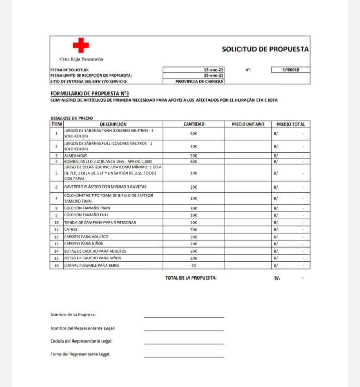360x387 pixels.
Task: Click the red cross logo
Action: click(x=81, y=45)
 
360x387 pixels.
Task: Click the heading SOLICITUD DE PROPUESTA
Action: click(x=265, y=49)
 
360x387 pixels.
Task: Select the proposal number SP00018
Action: click(x=290, y=70)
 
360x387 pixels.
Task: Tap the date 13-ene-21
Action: click(x=214, y=70)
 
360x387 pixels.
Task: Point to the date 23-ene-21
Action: click(x=214, y=75)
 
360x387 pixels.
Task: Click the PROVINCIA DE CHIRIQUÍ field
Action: click(x=200, y=81)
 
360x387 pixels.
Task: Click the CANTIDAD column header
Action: click(x=194, y=124)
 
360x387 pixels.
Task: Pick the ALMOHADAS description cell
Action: click(x=76, y=156)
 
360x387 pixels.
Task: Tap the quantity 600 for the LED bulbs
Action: click(x=194, y=161)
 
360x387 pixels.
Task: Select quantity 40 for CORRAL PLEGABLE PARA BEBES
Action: click(x=194, y=266)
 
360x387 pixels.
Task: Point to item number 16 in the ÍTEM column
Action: click(x=56, y=266)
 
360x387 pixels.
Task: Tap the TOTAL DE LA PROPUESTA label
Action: click(x=190, y=278)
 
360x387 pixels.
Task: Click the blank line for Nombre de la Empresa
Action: click(x=184, y=316)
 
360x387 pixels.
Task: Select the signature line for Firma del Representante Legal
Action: click(x=184, y=356)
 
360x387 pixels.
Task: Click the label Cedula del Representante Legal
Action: click(x=81, y=341)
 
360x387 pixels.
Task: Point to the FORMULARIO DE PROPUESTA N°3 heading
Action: click(x=89, y=94)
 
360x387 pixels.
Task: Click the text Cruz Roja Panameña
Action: click(x=81, y=59)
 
